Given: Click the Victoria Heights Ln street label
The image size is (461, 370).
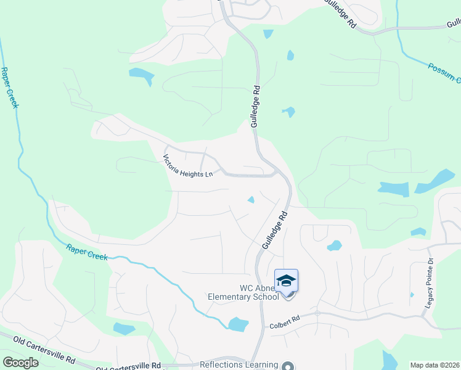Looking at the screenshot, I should [187, 165].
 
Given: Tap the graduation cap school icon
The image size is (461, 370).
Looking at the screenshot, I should [286, 281].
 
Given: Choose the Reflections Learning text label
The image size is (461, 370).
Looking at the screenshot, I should [238, 364].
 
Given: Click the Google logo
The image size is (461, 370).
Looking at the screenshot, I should [20, 363].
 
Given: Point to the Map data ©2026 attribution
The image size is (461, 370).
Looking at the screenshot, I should [434, 365].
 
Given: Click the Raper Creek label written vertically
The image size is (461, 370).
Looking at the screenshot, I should [10, 87].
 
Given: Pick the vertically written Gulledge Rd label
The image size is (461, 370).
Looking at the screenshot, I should [255, 106].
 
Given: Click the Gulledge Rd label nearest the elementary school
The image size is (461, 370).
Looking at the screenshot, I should [275, 230].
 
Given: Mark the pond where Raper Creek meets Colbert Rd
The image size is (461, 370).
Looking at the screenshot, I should [238, 324].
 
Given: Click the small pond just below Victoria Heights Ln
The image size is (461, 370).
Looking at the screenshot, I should [251, 199].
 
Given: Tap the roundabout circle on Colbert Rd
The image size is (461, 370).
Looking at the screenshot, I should [317, 313].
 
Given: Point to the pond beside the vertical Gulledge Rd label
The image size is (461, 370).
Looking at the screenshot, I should [288, 112].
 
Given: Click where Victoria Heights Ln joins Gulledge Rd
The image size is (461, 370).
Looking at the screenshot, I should [277, 175].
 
